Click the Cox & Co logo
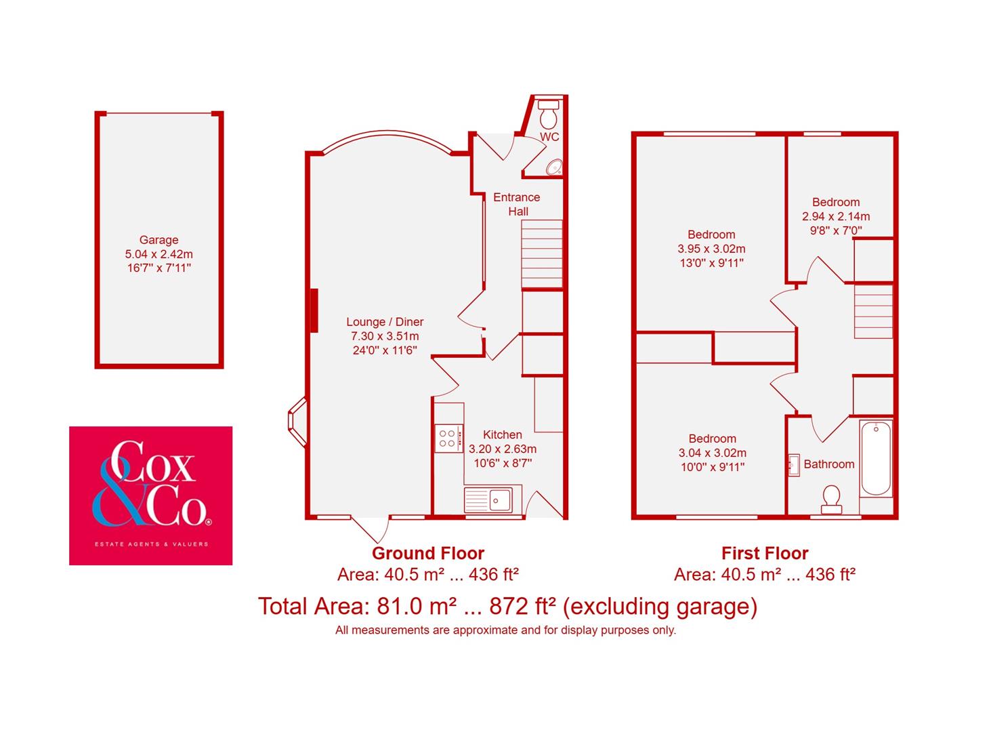point(150,495)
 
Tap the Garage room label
point(159,240)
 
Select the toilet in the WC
point(547,115)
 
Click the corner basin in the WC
point(555,166)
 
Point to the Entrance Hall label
point(516,204)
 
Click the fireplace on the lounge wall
point(314,310)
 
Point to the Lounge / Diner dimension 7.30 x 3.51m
point(385,336)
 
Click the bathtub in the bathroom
point(876,458)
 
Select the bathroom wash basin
point(794,464)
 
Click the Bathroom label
point(828,464)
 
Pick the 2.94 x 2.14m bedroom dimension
point(836,217)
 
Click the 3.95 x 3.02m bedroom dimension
point(711,249)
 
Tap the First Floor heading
point(765,553)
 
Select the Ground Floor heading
point(428,553)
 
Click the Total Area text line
point(507,606)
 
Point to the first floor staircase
point(872,311)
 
